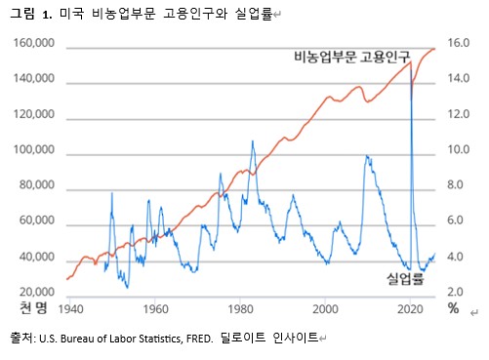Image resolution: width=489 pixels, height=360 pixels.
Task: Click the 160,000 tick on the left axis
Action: click(32, 45)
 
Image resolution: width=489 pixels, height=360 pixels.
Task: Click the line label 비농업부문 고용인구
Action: click(353, 58)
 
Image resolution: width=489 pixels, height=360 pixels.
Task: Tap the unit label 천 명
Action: click(33, 309)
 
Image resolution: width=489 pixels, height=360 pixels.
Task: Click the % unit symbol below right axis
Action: click(453, 309)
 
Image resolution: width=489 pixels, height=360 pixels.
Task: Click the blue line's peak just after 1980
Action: click(253, 140)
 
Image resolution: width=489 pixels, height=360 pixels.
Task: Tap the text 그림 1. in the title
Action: click(33, 17)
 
